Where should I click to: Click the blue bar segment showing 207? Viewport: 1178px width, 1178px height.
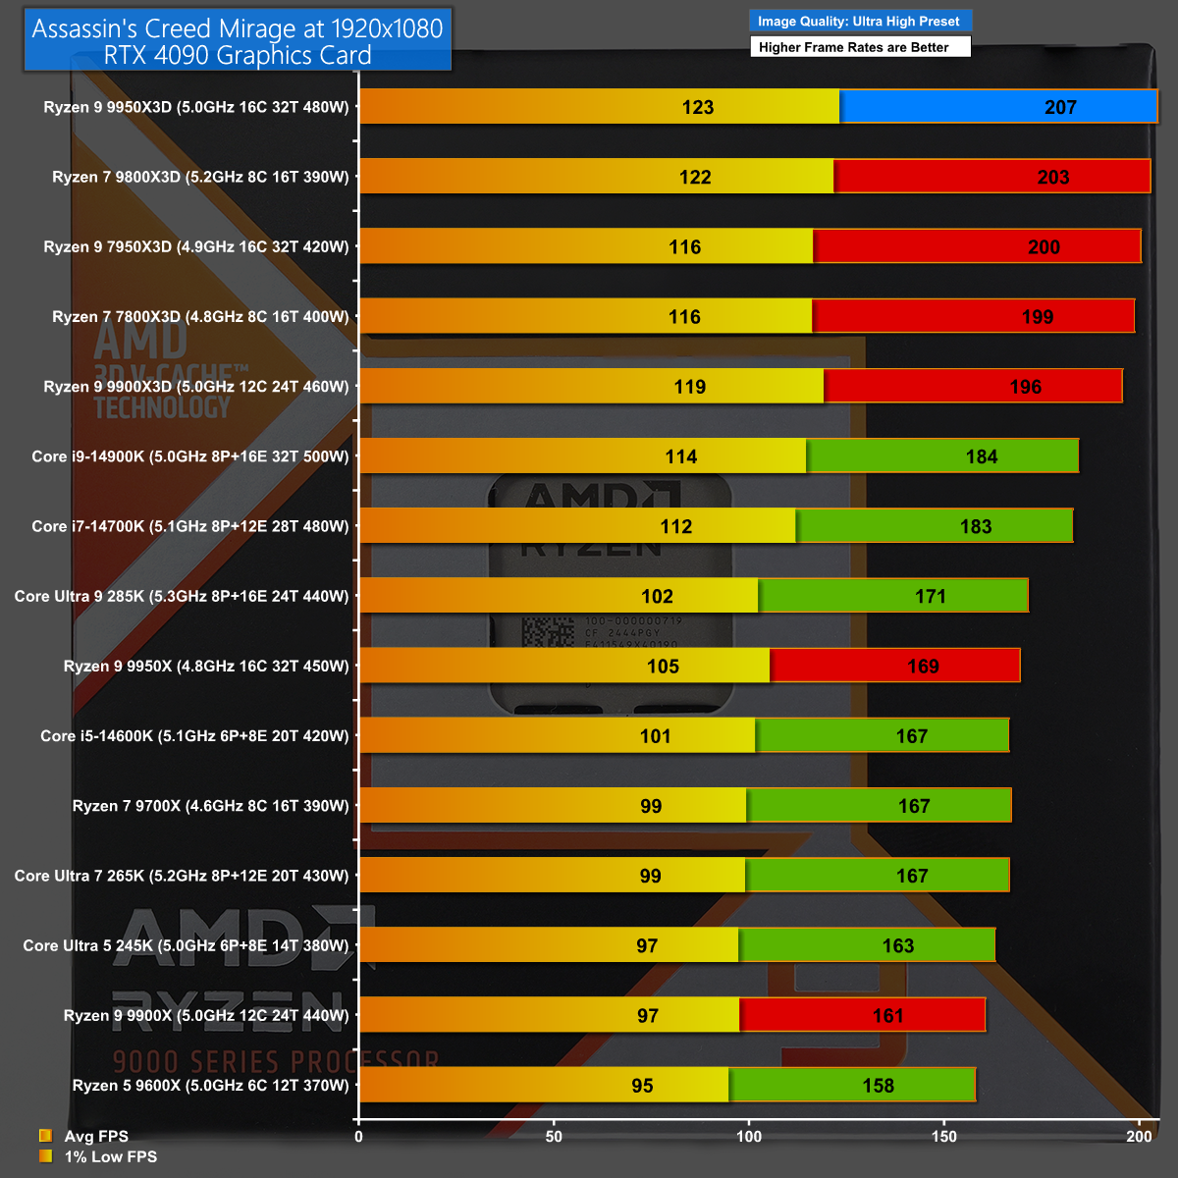997,107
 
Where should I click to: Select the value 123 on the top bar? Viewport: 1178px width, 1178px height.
698,107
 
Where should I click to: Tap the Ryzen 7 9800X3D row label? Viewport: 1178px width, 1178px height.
200,177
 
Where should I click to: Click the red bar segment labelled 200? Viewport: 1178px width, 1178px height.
977,246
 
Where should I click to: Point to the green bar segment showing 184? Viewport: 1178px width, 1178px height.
942,456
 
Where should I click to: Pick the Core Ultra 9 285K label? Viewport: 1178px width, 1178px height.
182,596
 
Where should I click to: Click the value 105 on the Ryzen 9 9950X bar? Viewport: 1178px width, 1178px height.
663,667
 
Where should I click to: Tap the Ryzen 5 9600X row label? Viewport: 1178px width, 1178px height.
210,1086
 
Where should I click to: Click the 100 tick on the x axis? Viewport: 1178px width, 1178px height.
749,1137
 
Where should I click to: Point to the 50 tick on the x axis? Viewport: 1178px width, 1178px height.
554,1137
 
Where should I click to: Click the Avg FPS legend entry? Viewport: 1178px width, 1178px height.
95,1136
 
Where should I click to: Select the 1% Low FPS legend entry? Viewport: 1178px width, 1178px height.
110,1156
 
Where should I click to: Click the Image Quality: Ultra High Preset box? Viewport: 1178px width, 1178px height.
859,21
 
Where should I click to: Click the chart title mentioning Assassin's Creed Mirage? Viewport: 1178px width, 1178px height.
238,41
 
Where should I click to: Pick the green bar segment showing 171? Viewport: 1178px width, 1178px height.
892,596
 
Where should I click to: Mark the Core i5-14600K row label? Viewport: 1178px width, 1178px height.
194,736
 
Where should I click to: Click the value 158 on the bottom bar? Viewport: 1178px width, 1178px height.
878,1086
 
